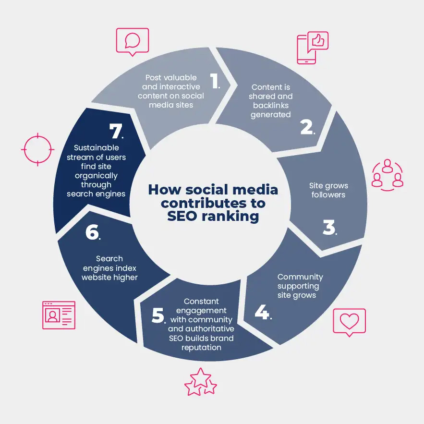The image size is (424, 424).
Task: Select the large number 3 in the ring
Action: click(x=329, y=227)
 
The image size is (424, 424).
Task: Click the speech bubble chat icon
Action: click(x=133, y=42)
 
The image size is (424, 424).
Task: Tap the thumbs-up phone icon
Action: click(x=313, y=48)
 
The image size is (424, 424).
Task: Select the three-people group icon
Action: click(x=388, y=175)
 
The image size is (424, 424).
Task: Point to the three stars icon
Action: click(x=200, y=382)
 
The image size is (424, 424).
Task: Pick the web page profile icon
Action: click(x=59, y=315)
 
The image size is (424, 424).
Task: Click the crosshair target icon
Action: click(x=37, y=149)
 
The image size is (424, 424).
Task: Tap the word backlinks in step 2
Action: click(x=271, y=106)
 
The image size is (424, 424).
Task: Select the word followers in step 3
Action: click(x=328, y=194)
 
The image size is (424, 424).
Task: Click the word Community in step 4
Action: click(x=300, y=277)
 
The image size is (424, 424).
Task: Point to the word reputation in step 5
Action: click(x=201, y=348)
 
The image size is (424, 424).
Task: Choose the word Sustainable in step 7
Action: click(x=96, y=147)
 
